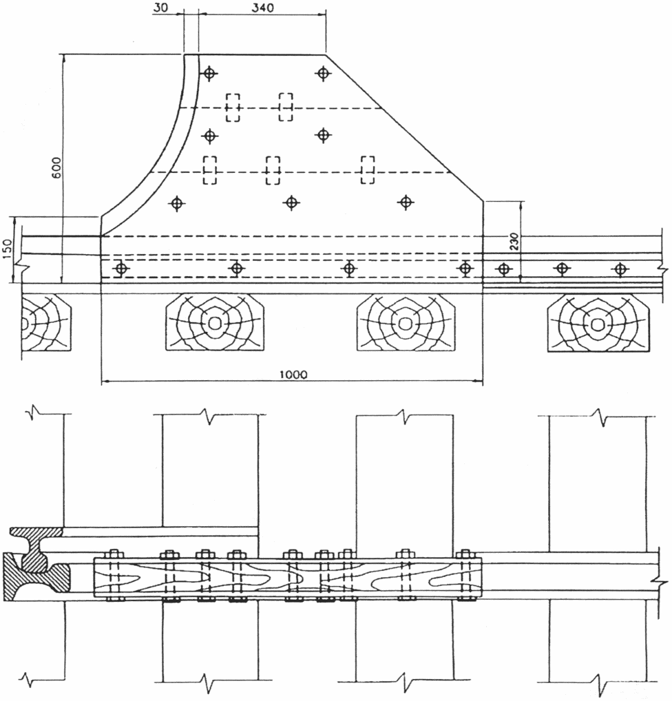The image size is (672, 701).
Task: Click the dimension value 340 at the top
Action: [x=262, y=8]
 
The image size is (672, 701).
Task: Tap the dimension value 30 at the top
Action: [x=161, y=8]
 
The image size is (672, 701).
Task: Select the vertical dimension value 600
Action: [x=56, y=167]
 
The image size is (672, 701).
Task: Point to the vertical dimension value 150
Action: [x=8, y=249]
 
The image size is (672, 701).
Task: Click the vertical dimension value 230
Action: [x=514, y=242]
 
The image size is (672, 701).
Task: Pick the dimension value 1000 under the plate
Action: [x=293, y=374]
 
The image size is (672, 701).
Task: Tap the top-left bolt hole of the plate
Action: [x=209, y=73]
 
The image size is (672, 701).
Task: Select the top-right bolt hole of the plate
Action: [x=323, y=73]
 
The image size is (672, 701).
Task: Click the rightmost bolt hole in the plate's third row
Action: [x=406, y=202]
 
